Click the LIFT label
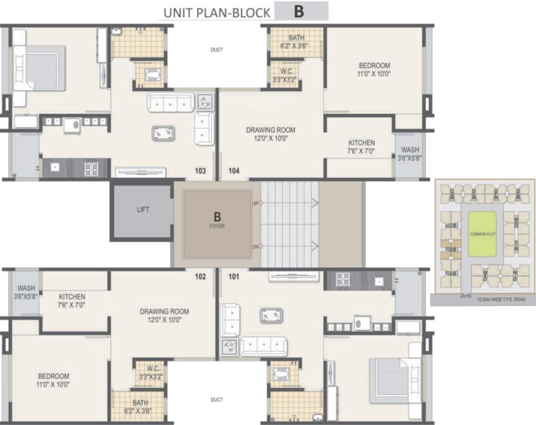(143, 210)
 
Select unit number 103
(200, 171)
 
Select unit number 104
(234, 171)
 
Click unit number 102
(200, 276)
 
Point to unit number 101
(234, 276)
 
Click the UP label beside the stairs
(256, 203)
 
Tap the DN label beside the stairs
(256, 246)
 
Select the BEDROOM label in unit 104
(374, 65)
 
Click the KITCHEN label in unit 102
(72, 297)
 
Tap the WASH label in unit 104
(410, 150)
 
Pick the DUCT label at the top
(217, 50)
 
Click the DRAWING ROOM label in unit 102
(164, 312)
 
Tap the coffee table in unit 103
(164, 133)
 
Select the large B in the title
(300, 12)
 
